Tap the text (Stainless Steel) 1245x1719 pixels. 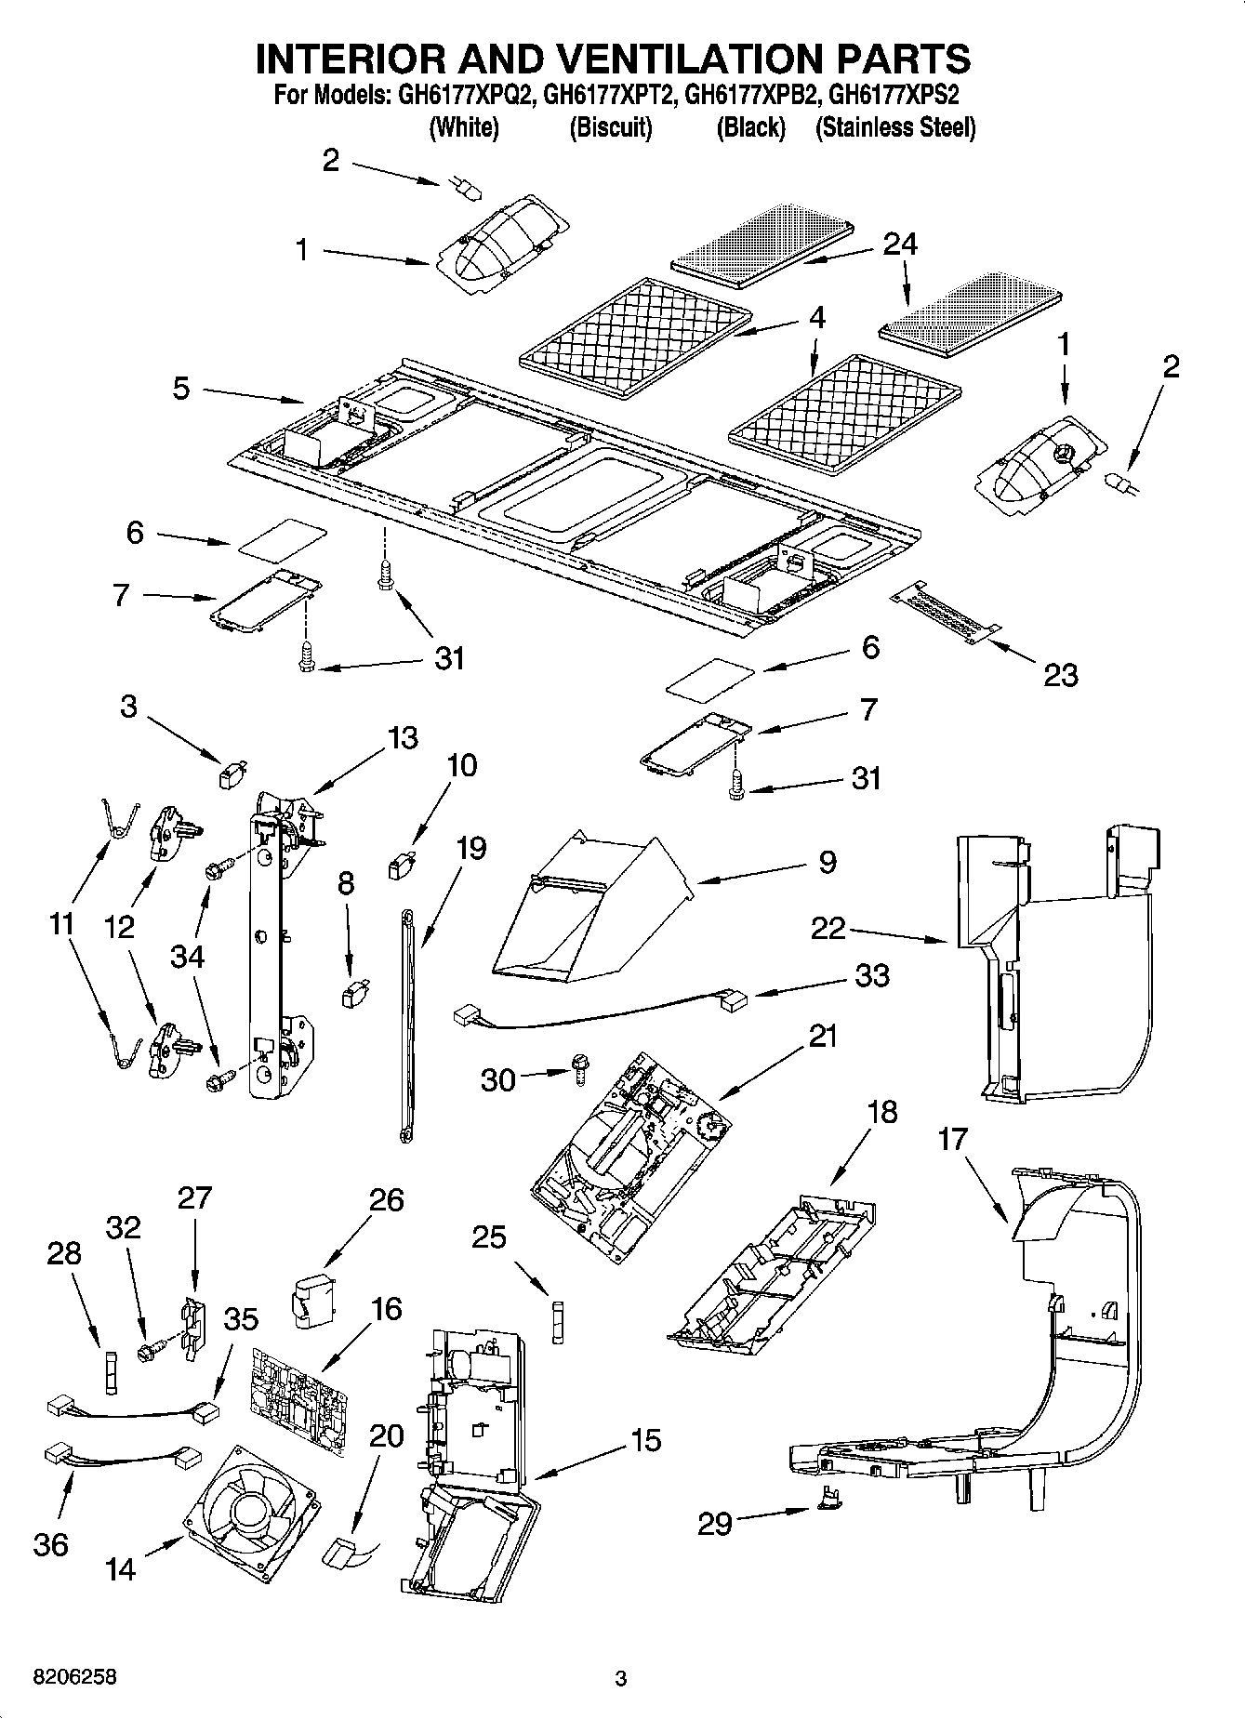click(x=895, y=127)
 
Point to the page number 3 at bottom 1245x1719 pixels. click(x=621, y=1679)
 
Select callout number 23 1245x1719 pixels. click(x=1060, y=675)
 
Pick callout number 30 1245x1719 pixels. click(x=497, y=1079)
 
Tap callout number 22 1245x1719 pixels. click(x=828, y=928)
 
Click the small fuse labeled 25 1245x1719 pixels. click(x=557, y=1321)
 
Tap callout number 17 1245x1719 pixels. click(x=952, y=1140)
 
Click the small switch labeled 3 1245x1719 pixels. click(x=230, y=774)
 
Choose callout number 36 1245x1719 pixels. click(x=51, y=1544)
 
